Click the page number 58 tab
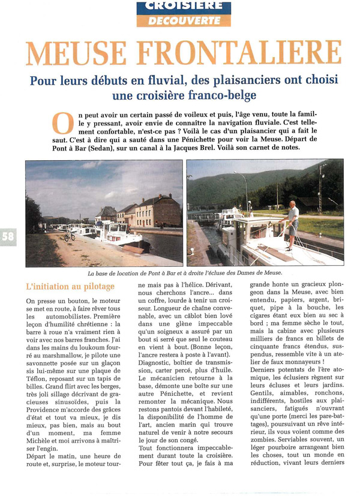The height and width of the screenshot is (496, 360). [x=8, y=237]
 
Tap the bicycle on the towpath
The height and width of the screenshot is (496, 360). [x=70, y=236]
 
